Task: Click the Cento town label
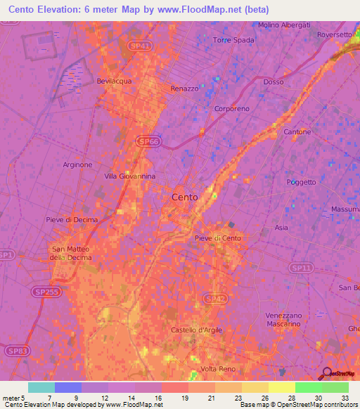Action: [x=185, y=197]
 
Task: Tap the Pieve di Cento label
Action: [x=218, y=239]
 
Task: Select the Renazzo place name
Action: [x=185, y=89]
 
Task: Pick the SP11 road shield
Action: [x=302, y=268]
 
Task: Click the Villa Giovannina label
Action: [x=130, y=176]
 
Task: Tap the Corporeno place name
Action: [x=231, y=110]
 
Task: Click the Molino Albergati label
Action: [x=284, y=25]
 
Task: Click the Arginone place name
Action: [x=77, y=165]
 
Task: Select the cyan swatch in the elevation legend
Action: [x=41, y=387]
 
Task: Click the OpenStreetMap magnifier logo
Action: [x=328, y=374]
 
